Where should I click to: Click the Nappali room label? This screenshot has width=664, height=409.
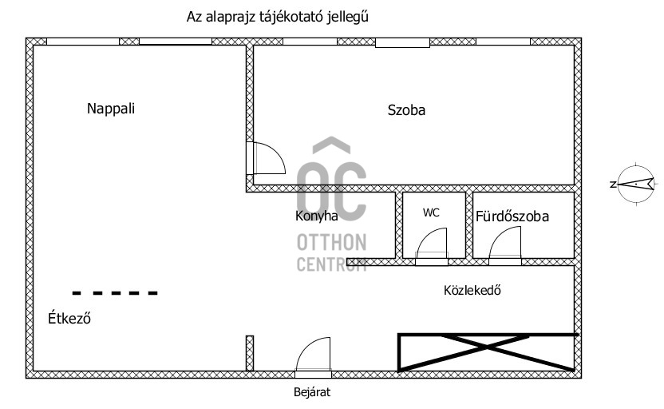pos(111,109)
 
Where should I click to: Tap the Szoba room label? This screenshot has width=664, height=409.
pos(406,110)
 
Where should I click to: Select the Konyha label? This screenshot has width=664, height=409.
pos(316,216)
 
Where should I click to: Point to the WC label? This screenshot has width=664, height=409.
pos(431,212)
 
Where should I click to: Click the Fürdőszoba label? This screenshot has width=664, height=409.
pos(512,216)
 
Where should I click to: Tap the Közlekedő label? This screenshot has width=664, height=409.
pos(472,290)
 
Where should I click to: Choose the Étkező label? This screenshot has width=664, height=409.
pos(69,318)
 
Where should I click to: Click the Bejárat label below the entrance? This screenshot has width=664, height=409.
pos(312,392)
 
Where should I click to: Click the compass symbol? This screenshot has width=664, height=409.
pos(635,184)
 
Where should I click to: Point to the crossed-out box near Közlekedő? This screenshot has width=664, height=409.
pos(486,352)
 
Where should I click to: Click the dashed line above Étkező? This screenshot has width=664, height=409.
pos(115,293)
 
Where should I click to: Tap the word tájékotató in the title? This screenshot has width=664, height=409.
pos(289,17)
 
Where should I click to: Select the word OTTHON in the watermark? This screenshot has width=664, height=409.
pos(331,243)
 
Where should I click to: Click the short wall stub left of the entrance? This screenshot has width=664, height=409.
pos(250,353)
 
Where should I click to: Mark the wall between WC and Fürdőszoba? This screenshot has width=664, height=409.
pos(468,225)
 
